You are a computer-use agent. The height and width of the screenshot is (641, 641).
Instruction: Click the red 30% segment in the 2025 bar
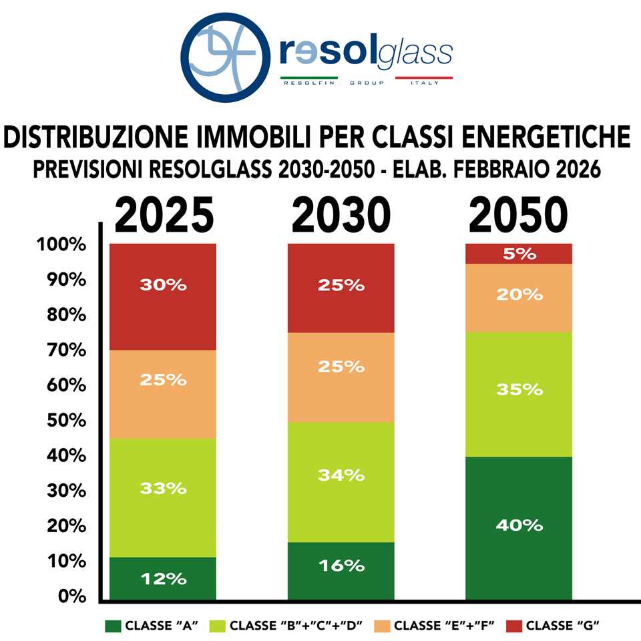(162, 297)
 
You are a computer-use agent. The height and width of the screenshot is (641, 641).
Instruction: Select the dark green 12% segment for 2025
(162, 578)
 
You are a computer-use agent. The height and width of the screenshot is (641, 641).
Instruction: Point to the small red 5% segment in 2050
(519, 254)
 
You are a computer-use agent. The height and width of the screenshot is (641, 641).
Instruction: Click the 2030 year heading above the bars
(341, 216)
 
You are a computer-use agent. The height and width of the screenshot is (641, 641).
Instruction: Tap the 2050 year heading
(518, 216)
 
